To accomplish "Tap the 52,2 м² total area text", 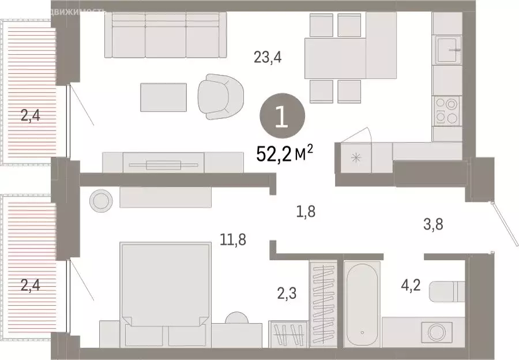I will click(285, 154).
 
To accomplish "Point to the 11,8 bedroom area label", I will click(233, 239).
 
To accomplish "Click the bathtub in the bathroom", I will click(362, 303).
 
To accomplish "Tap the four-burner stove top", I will click(446, 110).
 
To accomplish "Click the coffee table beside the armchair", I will click(164, 97).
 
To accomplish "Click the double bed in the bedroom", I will click(165, 288).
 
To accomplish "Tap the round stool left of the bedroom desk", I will click(101, 201).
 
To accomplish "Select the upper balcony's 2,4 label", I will click(30, 117).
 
